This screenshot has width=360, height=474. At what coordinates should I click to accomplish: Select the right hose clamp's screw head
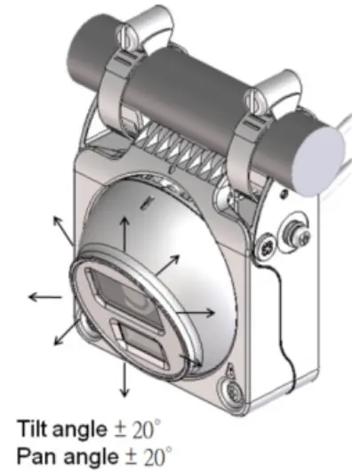click(x=262, y=94)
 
